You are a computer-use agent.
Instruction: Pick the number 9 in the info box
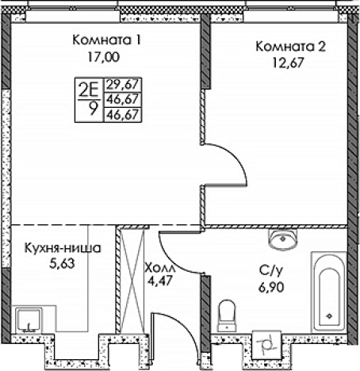[x=94, y=111]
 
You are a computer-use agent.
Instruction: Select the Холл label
[x=162, y=269]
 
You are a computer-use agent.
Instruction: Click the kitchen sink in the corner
[x=31, y=319]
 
